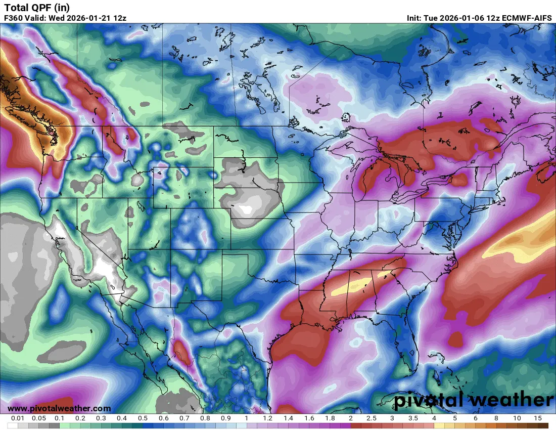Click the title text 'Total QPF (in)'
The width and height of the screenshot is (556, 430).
(37, 7)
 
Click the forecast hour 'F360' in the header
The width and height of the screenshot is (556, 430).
(13, 18)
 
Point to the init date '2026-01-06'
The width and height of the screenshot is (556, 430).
(461, 18)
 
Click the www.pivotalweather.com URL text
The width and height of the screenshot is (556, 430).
(59, 408)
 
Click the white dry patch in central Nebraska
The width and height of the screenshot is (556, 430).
(247, 209)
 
